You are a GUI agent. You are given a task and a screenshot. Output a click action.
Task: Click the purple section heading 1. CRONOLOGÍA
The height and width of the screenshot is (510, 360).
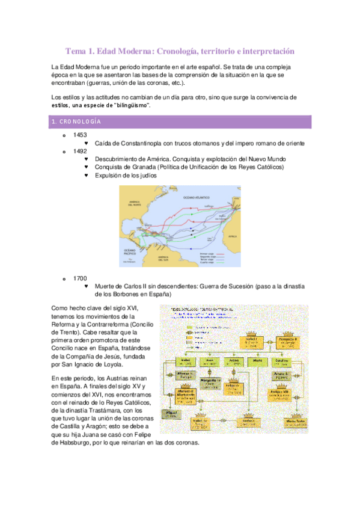coord(75,122)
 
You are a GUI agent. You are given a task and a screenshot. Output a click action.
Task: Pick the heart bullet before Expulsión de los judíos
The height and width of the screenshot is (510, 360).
coord(87,176)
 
